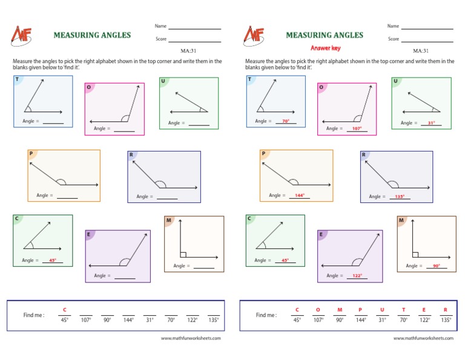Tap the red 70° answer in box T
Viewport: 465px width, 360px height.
[x=285, y=121]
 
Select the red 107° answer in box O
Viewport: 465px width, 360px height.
[x=357, y=128]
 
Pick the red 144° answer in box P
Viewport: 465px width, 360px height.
[x=298, y=196]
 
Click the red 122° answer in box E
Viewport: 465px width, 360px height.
[x=357, y=276]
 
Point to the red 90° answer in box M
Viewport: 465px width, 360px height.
[x=436, y=266]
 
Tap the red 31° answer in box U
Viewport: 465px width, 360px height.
[x=432, y=123]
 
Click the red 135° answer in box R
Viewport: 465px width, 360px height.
[x=400, y=197]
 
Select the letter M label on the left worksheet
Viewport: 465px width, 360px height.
[x=168, y=221]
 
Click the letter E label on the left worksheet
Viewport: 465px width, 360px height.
[x=88, y=234]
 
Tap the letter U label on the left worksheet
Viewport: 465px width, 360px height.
[x=163, y=81]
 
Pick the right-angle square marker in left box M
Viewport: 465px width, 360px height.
[x=183, y=255]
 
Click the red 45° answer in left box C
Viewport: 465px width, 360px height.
[x=53, y=261]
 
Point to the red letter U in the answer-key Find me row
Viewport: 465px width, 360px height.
[x=382, y=310]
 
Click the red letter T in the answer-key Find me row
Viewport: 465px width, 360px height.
[x=403, y=310]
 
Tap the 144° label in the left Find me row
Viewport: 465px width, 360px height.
[x=128, y=319]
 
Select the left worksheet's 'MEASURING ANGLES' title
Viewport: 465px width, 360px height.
[x=92, y=35]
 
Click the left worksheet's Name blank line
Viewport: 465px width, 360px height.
[x=194, y=28]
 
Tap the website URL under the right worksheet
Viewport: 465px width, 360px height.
[x=423, y=338]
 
